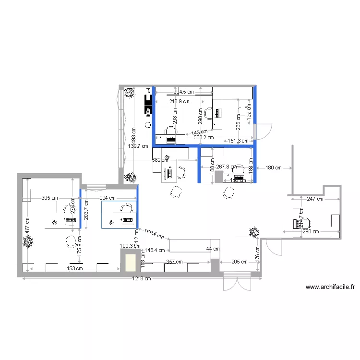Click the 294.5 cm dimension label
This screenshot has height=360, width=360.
pyautogui.click(x=184, y=92)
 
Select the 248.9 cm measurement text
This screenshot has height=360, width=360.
pyautogui.click(x=179, y=101)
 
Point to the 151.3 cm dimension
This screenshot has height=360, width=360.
pyautogui.click(x=238, y=141)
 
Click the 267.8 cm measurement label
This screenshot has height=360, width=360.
pyautogui.click(x=227, y=167)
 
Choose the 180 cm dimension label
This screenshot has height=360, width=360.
pyautogui.click(x=274, y=168)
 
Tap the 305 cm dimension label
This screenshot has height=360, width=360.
pyautogui.click(x=50, y=197)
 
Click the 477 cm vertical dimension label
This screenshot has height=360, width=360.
pyautogui.click(x=27, y=226)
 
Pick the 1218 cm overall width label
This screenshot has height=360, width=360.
pyautogui.click(x=142, y=278)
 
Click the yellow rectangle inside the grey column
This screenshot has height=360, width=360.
pyautogui.click(x=130, y=263)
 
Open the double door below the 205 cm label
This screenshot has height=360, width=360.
pyautogui.click(x=237, y=283)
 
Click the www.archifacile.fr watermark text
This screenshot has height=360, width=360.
pyautogui.click(x=330, y=288)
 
